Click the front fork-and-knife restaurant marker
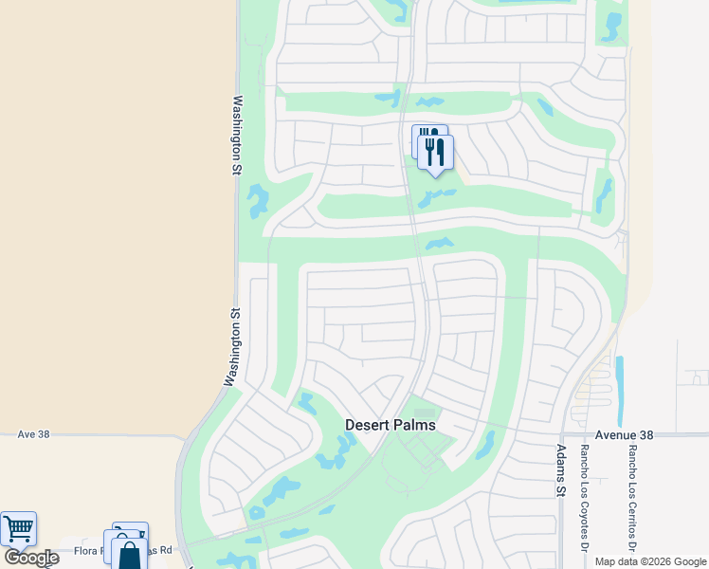click(435, 152)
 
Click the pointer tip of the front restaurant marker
click(436, 176)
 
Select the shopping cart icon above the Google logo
click(18, 528)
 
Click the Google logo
click(31, 558)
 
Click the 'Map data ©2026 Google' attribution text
click(649, 561)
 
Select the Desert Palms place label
click(390, 425)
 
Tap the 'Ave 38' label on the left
click(32, 434)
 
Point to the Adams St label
click(560, 471)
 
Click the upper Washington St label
click(237, 135)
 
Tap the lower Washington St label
click(230, 346)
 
